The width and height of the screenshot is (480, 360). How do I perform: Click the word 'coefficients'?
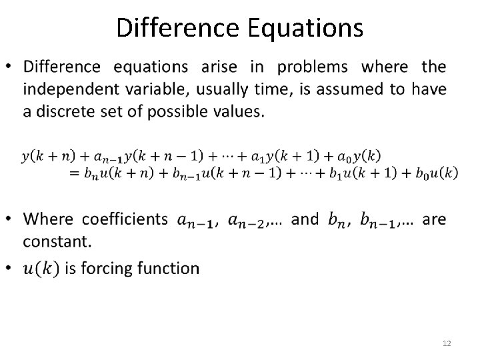coord(125,219)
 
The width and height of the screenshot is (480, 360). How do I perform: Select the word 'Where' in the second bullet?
coord(49,219)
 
